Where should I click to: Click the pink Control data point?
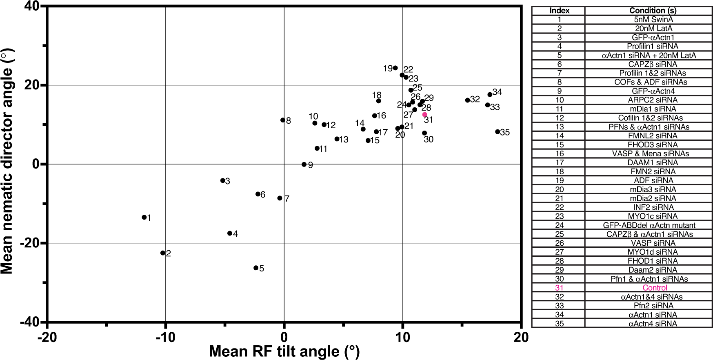pos(424,115)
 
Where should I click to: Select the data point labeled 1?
pos(144,217)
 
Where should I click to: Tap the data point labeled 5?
pos(256,268)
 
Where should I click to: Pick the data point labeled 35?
pos(498,132)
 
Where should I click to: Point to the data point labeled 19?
pos(395,68)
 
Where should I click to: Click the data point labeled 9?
pos(304,164)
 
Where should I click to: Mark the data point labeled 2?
pos(163,253)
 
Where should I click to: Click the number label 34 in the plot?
pos(497,92)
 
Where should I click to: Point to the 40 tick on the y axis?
pos(31,7)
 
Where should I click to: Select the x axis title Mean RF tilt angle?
pos(284,351)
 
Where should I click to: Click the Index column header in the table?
pos(559,11)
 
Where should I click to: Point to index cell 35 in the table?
pos(559,324)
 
